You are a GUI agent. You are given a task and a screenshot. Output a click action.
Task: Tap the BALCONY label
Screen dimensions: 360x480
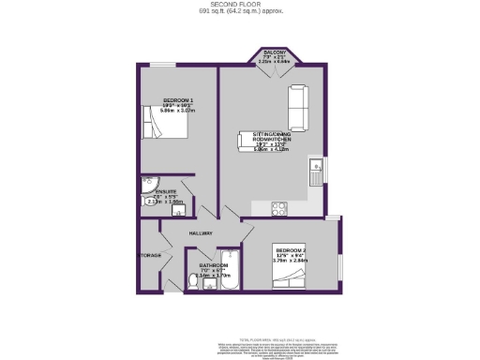tap(273, 53)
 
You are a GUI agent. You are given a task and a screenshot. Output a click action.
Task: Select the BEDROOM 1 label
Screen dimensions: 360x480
tap(178, 98)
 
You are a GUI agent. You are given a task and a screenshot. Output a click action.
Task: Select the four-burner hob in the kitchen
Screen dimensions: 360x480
tap(279, 208)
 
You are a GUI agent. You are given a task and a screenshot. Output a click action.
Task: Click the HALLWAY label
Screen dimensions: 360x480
tap(201, 233)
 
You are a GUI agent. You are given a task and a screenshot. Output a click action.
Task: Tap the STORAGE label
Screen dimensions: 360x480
tap(151, 255)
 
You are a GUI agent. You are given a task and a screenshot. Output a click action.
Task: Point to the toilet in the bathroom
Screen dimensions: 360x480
tap(195, 279)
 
